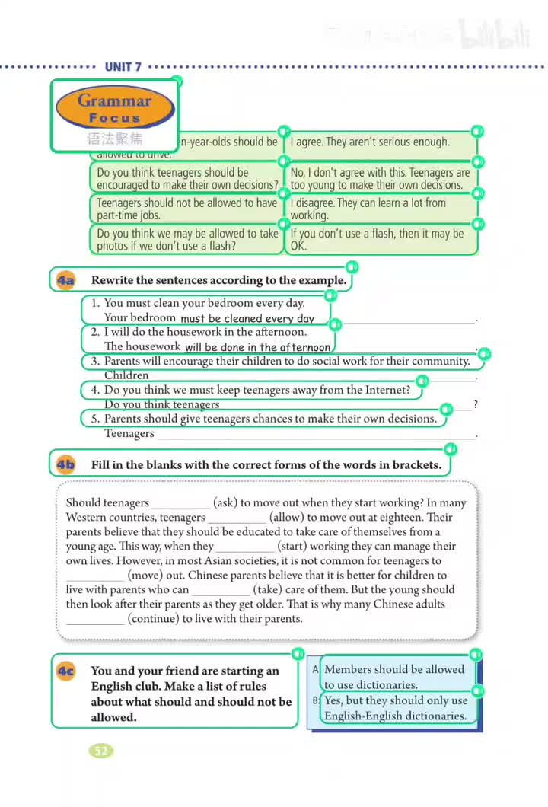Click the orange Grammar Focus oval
tap(114, 108)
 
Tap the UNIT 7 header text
tap(123, 67)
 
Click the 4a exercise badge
tap(65, 280)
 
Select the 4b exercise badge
tap(65, 464)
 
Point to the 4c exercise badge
tap(65, 671)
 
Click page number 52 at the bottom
tap(100, 751)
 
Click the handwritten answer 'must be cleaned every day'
tap(247, 319)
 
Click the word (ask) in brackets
tap(229, 502)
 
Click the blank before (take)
tap(221, 590)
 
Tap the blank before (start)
tap(245, 547)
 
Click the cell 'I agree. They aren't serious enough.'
tap(381, 142)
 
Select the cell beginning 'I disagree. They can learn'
tap(381, 209)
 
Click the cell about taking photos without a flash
tap(186, 239)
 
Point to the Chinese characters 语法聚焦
tap(114, 139)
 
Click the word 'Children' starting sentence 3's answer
tap(126, 375)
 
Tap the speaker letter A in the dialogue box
tap(315, 670)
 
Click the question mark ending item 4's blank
tap(476, 405)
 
